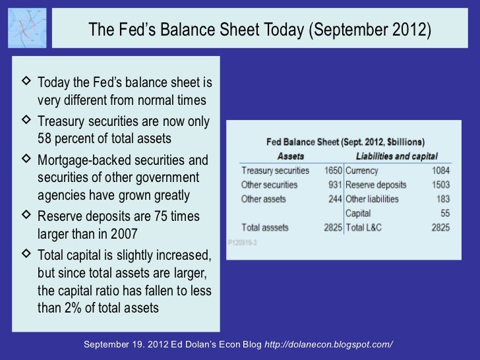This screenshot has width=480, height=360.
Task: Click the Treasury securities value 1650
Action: (x=332, y=171)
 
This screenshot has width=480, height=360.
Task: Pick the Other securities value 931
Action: (x=335, y=185)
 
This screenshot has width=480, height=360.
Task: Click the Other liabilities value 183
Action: (x=441, y=199)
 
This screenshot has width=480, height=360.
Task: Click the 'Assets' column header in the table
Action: (x=291, y=156)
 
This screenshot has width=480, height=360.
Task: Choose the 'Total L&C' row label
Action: (x=364, y=227)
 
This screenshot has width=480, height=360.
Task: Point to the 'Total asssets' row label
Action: (x=265, y=227)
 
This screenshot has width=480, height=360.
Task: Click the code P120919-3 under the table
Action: (x=244, y=242)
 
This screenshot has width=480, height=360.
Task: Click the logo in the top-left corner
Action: (x=28, y=28)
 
